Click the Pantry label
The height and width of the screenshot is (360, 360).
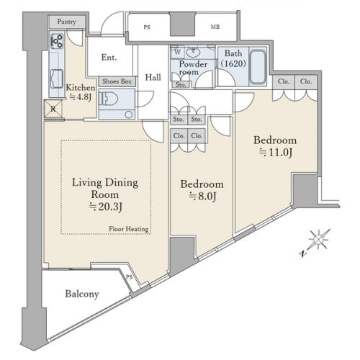[66, 22]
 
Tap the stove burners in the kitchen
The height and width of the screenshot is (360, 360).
[57, 41]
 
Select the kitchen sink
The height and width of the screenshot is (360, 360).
[57, 79]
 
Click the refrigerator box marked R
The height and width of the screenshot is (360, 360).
[53, 109]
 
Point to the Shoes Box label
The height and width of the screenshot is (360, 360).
[117, 81]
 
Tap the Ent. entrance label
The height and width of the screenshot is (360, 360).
[109, 58]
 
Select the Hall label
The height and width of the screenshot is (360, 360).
[153, 77]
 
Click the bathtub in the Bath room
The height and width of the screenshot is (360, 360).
[258, 66]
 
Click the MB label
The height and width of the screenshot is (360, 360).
[215, 27]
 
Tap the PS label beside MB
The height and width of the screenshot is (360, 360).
[147, 27]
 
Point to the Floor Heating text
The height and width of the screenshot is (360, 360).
[129, 229]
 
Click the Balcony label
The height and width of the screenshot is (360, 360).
[82, 294]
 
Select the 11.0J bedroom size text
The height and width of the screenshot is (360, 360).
[276, 153]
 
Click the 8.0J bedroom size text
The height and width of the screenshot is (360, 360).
[202, 197]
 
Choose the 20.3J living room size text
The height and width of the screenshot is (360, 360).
[106, 207]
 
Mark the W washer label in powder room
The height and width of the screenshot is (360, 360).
[178, 52]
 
